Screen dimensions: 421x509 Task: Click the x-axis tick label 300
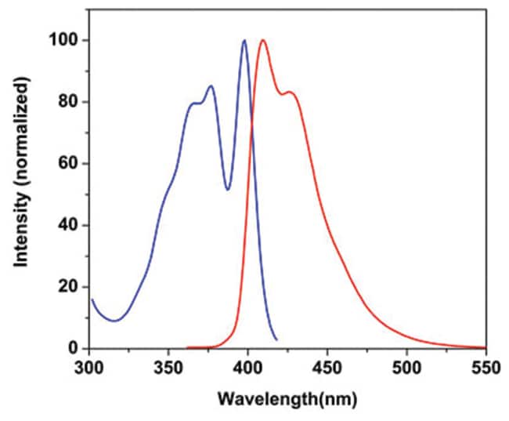point(88,366)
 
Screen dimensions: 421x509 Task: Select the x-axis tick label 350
point(168,366)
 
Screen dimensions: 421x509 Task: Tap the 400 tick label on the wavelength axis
point(247,366)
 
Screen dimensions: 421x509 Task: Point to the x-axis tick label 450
point(327,366)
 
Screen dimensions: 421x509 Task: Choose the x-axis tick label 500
point(406,366)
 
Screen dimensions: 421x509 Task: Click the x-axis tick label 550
point(486,366)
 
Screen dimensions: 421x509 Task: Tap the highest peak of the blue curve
point(244,41)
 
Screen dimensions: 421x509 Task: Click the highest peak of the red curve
point(262,41)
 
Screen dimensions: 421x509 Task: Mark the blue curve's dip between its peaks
point(228,189)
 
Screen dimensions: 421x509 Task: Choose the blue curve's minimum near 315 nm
point(114,321)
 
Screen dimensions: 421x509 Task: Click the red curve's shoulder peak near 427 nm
point(290,93)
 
